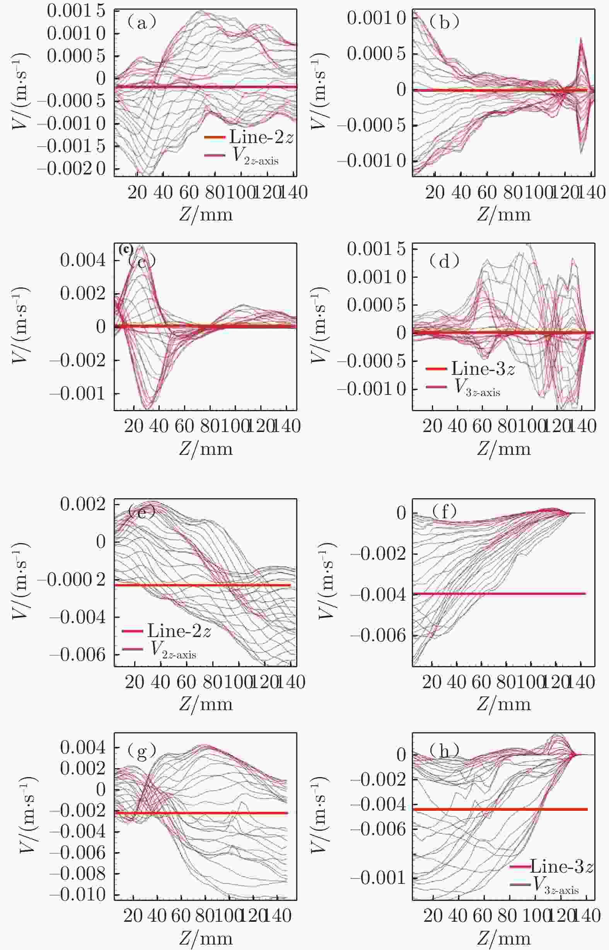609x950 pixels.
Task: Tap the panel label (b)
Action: tap(445, 23)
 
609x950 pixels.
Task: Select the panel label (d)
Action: tap(445, 261)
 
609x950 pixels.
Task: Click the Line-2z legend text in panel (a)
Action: tap(261, 137)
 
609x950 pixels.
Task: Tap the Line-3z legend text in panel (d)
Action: tap(483, 369)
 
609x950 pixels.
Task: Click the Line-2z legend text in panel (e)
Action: tap(179, 631)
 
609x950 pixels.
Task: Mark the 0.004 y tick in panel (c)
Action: tap(83, 260)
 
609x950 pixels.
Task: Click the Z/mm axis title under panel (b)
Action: tap(503, 214)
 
